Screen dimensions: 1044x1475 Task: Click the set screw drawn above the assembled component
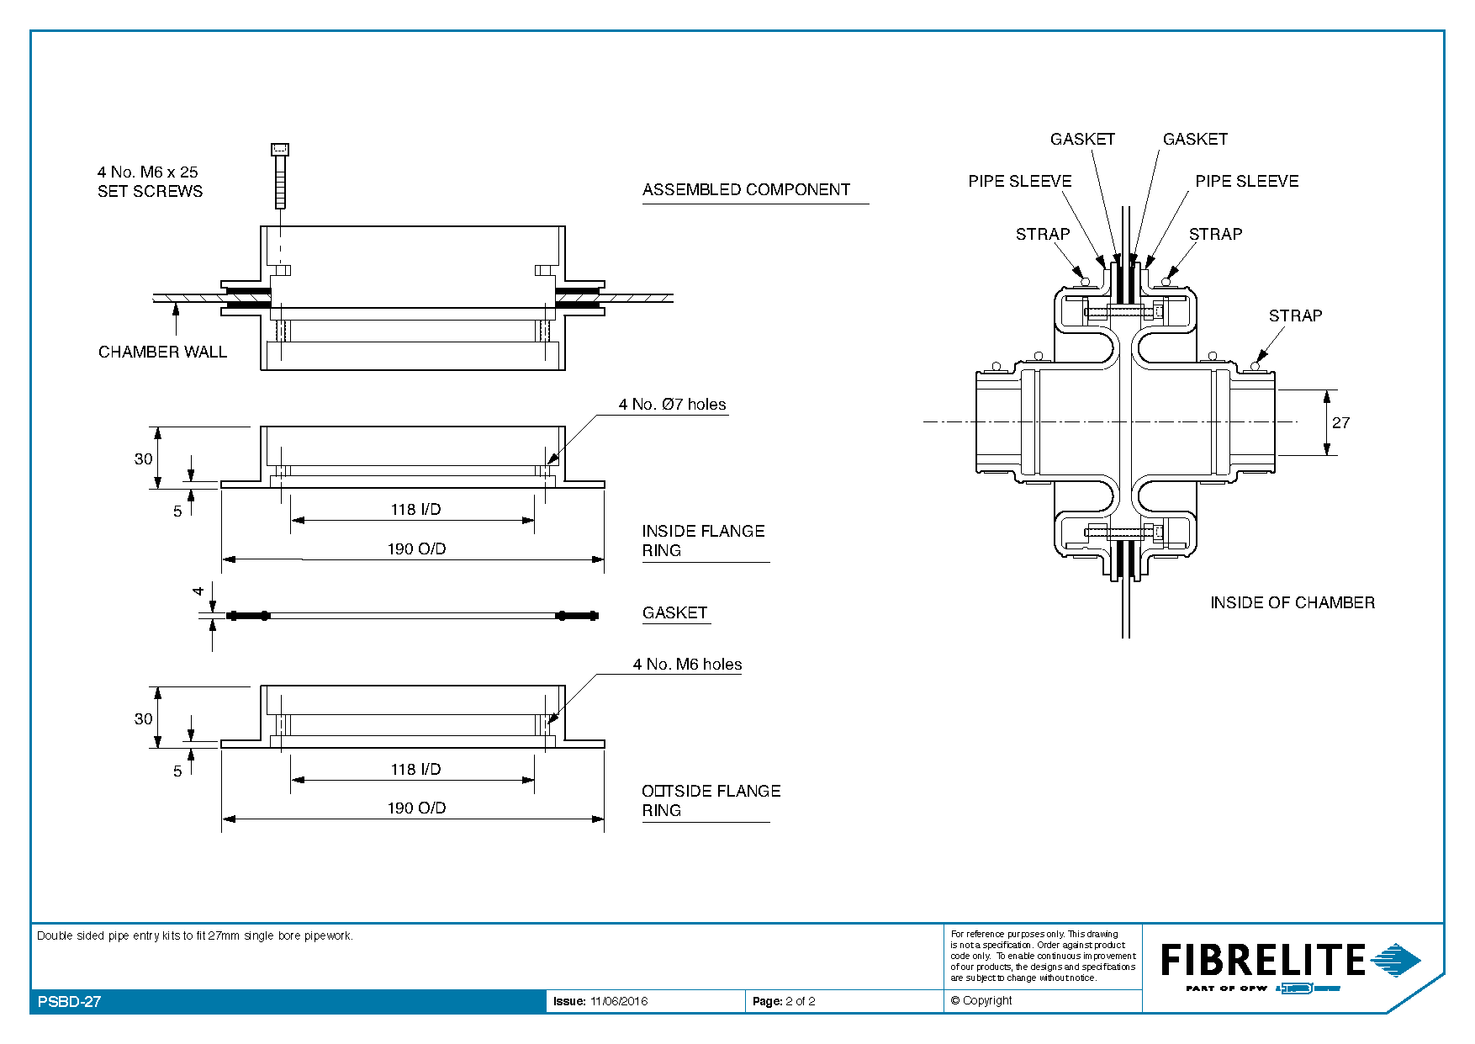(x=280, y=176)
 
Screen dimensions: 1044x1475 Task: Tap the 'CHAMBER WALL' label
(x=162, y=352)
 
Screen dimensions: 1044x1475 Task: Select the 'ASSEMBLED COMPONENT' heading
(x=746, y=189)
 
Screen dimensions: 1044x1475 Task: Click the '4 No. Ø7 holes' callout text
(x=672, y=404)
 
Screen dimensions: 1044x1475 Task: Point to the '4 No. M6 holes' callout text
(x=687, y=664)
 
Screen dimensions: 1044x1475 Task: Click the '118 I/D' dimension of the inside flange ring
(x=415, y=509)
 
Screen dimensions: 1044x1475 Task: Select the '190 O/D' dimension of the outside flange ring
(x=416, y=808)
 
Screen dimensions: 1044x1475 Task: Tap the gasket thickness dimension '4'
(x=198, y=591)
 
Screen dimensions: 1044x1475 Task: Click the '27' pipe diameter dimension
(x=1340, y=422)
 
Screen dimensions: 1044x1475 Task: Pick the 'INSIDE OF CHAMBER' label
(x=1293, y=602)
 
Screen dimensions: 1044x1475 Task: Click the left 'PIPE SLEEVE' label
(x=1019, y=181)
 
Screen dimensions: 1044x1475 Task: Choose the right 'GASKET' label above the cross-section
(x=1195, y=139)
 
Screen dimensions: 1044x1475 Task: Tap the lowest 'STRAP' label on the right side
(x=1295, y=315)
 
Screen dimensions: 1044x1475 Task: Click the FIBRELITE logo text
(x=1263, y=960)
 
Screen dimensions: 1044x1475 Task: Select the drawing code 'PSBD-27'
(x=70, y=1001)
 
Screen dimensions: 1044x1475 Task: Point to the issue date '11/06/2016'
(x=619, y=1001)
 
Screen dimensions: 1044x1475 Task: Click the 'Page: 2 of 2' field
(x=784, y=1001)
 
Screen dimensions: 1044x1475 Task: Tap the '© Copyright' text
(x=981, y=1000)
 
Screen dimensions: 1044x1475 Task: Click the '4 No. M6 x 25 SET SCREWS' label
(x=150, y=182)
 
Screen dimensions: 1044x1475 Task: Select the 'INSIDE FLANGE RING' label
(x=703, y=540)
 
